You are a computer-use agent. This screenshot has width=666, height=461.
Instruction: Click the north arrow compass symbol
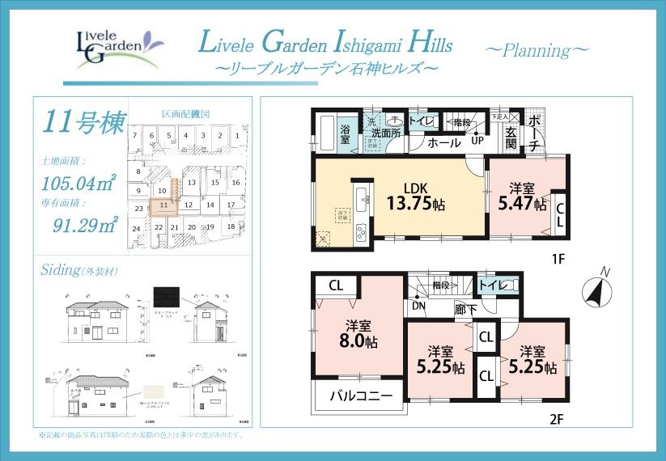pyautogui.click(x=596, y=288)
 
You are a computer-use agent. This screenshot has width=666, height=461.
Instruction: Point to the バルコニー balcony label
pyautogui.click(x=362, y=396)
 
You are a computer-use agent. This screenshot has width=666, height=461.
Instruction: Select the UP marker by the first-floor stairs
pyautogui.click(x=477, y=140)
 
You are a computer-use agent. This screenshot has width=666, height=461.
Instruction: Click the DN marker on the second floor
pyautogui.click(x=418, y=307)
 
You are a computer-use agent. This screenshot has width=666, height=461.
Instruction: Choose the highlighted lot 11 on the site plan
pyautogui.click(x=163, y=205)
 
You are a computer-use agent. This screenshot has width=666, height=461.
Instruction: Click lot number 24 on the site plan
pyautogui.click(x=137, y=229)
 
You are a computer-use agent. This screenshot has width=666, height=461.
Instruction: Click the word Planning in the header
pyautogui.click(x=538, y=50)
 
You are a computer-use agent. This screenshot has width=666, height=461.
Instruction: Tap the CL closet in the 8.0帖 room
pyautogui.click(x=336, y=285)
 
